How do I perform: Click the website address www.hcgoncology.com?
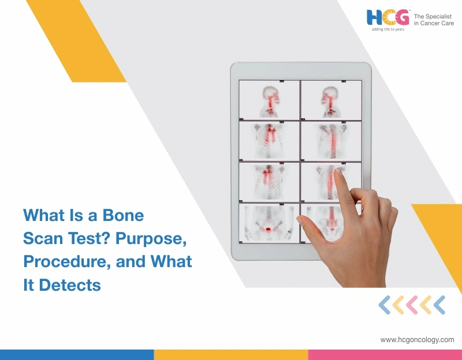pyautogui.click(x=417, y=340)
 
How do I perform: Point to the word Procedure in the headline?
pyautogui.click(x=65, y=261)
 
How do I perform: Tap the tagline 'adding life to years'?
pyautogui.click(x=388, y=29)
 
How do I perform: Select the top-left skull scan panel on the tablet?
pyautogui.click(x=269, y=100)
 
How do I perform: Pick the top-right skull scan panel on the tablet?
pyautogui.click(x=331, y=100)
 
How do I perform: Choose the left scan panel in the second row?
pyautogui.click(x=269, y=141)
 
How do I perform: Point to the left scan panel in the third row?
pyautogui.click(x=269, y=182)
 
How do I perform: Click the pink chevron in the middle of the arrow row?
pyautogui.click(x=412, y=305)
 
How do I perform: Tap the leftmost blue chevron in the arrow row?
pyautogui.click(x=384, y=305)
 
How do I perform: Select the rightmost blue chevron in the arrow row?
pyautogui.click(x=439, y=305)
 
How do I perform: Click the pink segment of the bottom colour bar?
pyautogui.click(x=385, y=354)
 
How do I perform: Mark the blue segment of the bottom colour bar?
pyautogui.click(x=77, y=354)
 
